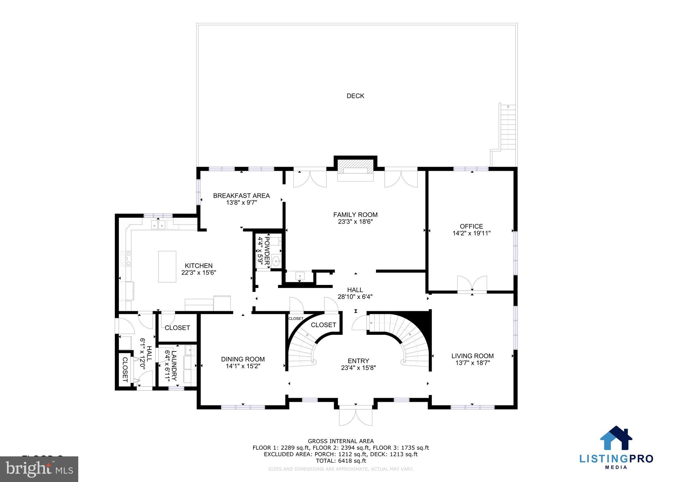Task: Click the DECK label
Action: pyautogui.click(x=355, y=96)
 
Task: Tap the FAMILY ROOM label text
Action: pyautogui.click(x=355, y=215)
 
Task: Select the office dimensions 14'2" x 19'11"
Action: pyautogui.click(x=471, y=233)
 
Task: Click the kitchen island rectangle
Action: pyautogui.click(x=167, y=267)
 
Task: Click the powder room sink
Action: pyautogui.click(x=276, y=261)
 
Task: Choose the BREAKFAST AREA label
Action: pyautogui.click(x=241, y=196)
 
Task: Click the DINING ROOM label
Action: pyautogui.click(x=243, y=359)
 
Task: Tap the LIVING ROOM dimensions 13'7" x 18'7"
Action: pyautogui.click(x=472, y=363)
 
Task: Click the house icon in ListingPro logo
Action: pyautogui.click(x=616, y=438)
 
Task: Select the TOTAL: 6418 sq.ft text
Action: pyautogui.click(x=341, y=461)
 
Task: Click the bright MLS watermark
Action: pyautogui.click(x=39, y=469)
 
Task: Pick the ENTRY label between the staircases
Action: pyautogui.click(x=358, y=361)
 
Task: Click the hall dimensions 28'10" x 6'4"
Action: pyautogui.click(x=355, y=297)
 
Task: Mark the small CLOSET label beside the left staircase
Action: pyautogui.click(x=296, y=319)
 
